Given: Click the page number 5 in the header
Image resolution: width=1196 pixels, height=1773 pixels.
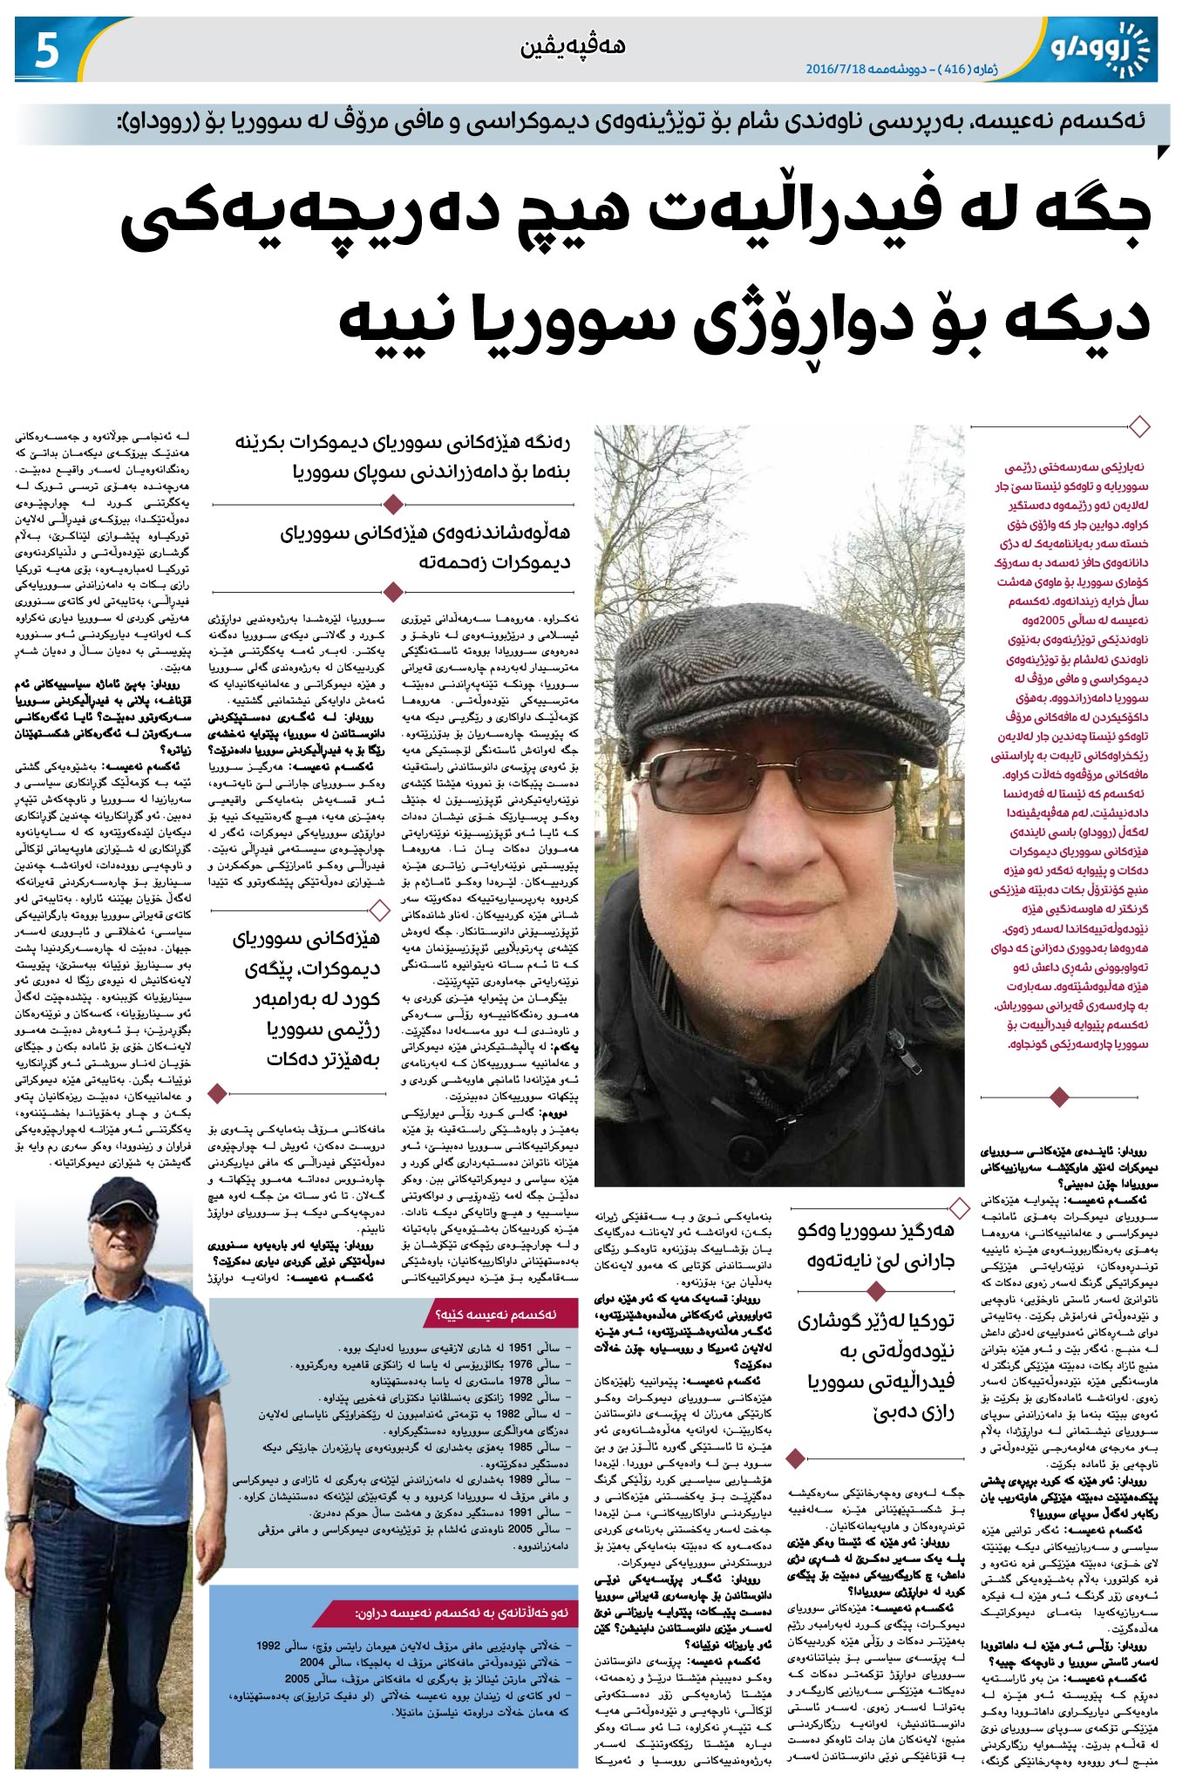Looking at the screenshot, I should (46, 51).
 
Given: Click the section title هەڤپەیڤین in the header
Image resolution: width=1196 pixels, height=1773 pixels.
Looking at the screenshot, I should (573, 46).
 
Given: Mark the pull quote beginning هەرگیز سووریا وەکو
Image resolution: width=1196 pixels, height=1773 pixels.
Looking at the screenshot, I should (875, 1245).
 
